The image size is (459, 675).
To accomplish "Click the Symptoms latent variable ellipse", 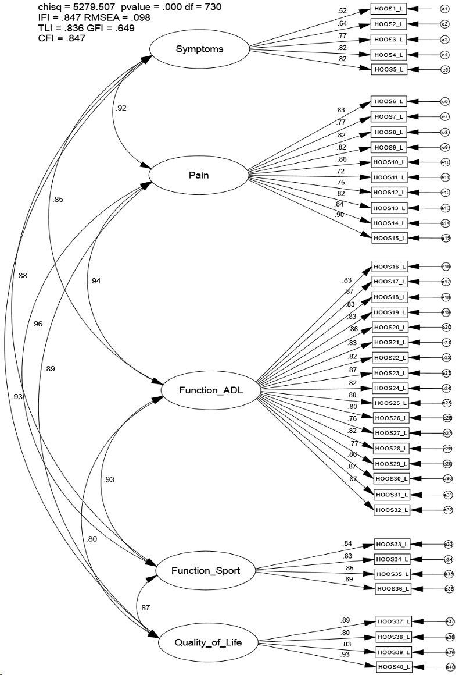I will tap(199, 49).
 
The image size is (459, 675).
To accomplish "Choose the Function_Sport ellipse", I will tap(206, 570).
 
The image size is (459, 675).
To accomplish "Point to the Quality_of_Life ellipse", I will tap(208, 642).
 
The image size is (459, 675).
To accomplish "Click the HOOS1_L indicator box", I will tap(389, 10).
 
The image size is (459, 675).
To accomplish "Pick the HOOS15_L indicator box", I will tap(389, 237).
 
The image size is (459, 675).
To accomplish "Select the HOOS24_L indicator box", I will tap(390, 388).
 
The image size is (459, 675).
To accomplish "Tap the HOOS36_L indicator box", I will tap(393, 589).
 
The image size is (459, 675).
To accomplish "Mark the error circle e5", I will tap(445, 70).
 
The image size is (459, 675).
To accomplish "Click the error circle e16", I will tap(446, 267).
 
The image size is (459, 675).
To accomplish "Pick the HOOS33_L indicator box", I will tap(393, 545).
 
